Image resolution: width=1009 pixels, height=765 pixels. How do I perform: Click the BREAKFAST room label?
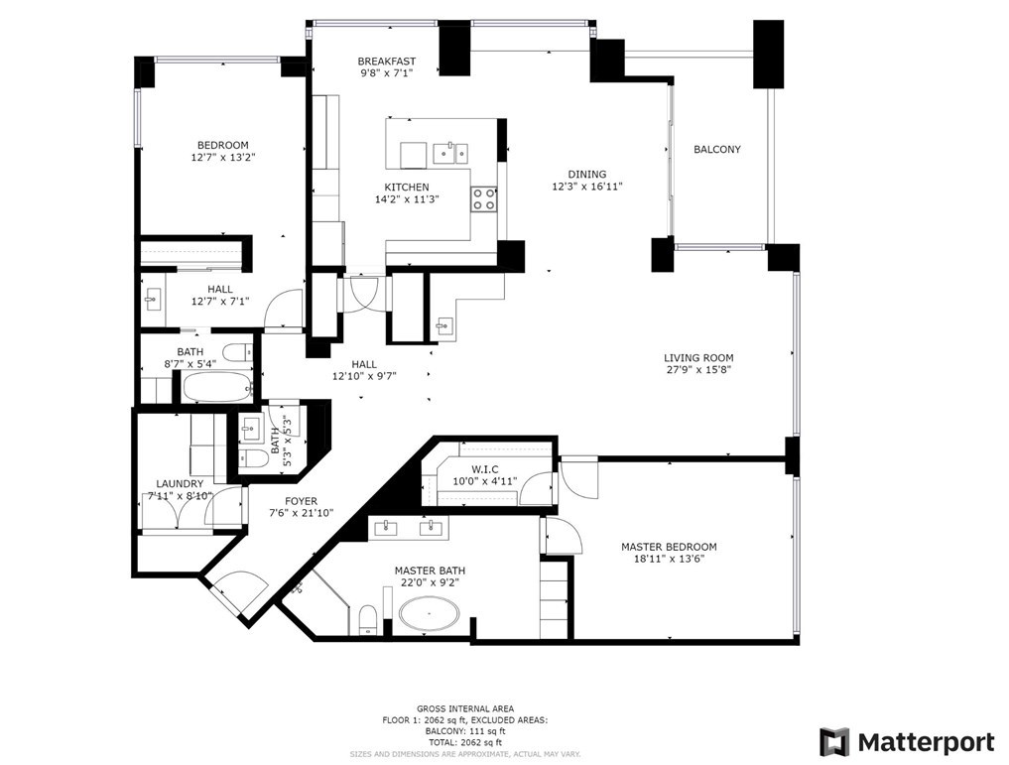tap(386, 62)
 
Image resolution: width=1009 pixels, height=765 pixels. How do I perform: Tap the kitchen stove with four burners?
tap(484, 198)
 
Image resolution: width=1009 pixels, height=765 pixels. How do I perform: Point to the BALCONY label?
tap(716, 150)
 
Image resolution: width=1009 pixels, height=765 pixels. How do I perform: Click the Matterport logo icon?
tap(834, 742)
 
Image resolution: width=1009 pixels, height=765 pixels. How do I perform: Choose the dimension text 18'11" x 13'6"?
tap(668, 559)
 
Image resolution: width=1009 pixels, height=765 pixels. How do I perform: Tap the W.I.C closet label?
tap(484, 469)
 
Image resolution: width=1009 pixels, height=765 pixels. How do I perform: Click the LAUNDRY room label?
tap(180, 484)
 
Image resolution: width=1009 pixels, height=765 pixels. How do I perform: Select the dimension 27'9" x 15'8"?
tap(698, 370)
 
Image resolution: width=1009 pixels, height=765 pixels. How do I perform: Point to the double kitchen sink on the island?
tap(452, 153)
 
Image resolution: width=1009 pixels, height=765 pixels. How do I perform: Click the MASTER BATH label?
tap(430, 571)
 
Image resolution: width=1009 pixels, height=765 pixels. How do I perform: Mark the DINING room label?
tap(586, 175)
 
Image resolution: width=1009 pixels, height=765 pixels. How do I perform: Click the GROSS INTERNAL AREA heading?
tap(464, 708)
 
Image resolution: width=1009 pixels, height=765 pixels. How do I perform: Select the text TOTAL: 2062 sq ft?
tap(464, 742)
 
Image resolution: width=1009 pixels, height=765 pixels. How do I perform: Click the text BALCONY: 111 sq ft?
tap(464, 731)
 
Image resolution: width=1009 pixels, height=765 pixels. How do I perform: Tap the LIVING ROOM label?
tap(698, 358)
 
